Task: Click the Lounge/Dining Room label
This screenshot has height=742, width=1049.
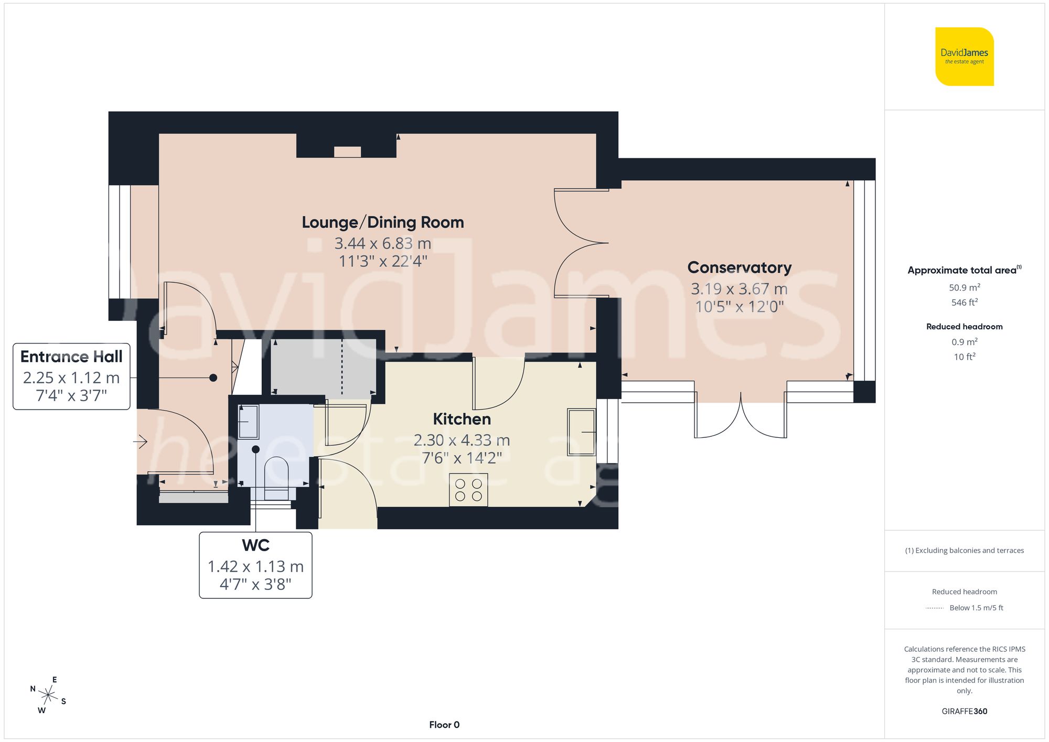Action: pos(383,222)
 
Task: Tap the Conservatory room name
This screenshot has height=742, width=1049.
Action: pos(739,267)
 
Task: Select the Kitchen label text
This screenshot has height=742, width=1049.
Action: pos(462,419)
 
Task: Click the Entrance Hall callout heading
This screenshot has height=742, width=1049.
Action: pos(71,357)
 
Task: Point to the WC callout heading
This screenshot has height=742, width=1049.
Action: pos(255,545)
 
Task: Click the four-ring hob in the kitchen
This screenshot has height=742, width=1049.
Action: pos(468,490)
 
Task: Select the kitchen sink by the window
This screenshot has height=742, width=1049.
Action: pos(581,432)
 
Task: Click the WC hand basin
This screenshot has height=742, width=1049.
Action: pos(248,422)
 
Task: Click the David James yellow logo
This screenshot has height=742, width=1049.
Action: pos(964,57)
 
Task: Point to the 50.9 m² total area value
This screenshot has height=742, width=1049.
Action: pos(964,287)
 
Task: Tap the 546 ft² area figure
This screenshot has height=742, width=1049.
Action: pos(964,303)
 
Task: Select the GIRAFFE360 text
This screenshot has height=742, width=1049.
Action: pos(964,711)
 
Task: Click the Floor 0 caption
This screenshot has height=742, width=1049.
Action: pos(444,725)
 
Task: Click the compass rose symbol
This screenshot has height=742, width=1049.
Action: pos(48,695)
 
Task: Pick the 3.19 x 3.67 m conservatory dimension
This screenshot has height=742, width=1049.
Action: pos(739,289)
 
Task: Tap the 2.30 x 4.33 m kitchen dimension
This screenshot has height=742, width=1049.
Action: pos(462,440)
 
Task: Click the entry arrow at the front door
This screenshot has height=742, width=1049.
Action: pos(140,442)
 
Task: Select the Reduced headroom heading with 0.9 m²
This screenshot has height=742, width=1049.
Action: pos(964,327)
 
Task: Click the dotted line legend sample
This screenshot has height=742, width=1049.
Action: pos(935,608)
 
